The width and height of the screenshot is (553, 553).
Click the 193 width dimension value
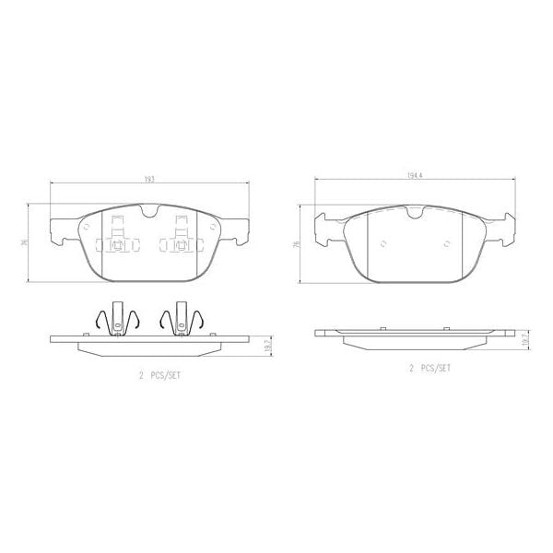click(147, 178)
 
